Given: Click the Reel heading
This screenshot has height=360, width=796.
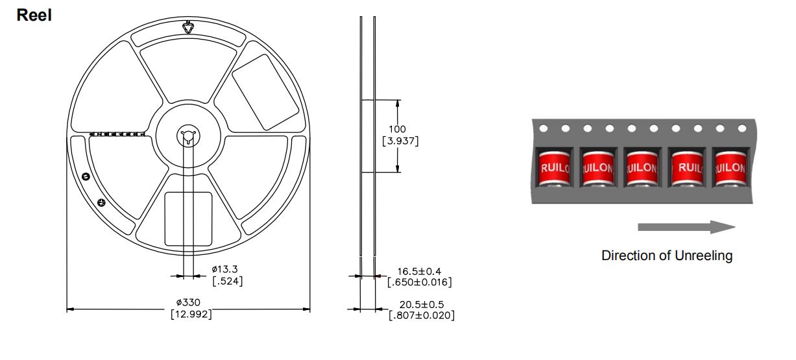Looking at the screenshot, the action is (34, 16).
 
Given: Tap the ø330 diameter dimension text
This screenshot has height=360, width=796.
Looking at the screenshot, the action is (188, 302).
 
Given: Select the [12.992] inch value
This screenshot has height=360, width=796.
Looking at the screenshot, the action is (191, 314).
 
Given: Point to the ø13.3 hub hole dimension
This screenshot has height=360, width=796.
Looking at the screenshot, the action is (224, 269).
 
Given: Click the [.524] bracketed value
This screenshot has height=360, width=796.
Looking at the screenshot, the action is (228, 281).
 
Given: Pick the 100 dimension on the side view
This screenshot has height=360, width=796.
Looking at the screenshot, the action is (397, 129).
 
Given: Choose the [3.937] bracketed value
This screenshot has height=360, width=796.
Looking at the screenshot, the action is (400, 141).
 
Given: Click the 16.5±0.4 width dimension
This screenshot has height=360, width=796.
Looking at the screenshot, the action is (419, 272).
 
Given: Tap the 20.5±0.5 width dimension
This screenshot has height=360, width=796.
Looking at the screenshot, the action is (422, 305).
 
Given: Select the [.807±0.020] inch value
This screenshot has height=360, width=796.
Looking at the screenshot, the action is (422, 315).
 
